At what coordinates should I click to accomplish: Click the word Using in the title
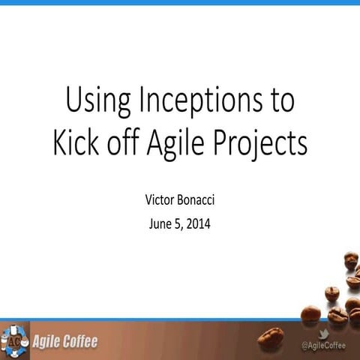[91, 101]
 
